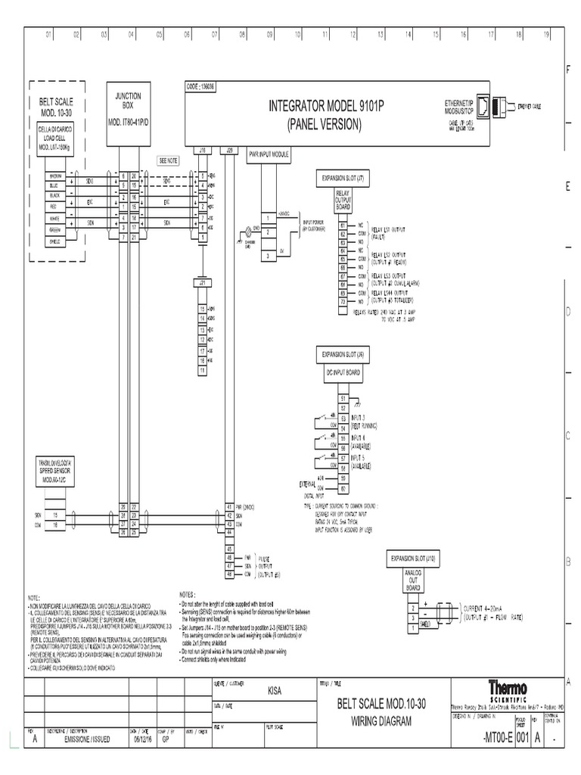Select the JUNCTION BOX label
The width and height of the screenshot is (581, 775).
(127, 101)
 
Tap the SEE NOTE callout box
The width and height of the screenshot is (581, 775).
(169, 160)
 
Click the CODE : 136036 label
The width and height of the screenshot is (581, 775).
(200, 86)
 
